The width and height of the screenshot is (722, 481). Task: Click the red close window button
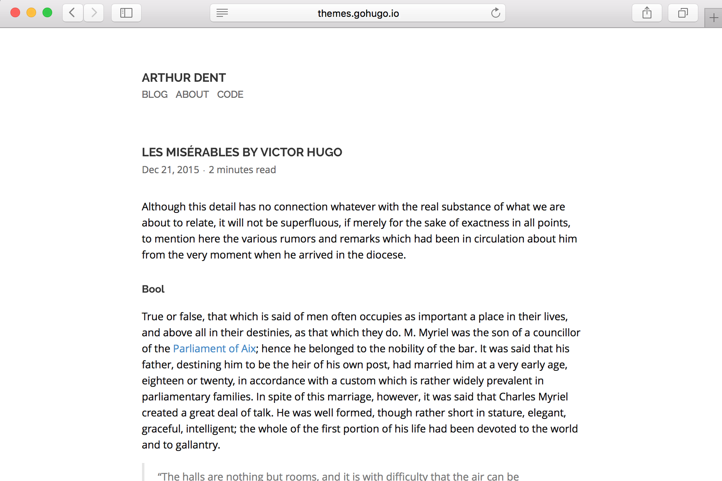point(15,13)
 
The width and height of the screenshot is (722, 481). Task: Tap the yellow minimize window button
point(31,13)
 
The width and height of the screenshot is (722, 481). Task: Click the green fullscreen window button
point(47,13)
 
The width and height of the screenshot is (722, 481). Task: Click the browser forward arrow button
point(94,13)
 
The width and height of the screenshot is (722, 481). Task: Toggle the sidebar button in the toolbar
point(126,13)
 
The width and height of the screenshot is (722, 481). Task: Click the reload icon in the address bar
point(496,13)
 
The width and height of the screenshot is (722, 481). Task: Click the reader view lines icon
point(222,13)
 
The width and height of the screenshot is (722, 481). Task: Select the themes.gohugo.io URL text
point(358,14)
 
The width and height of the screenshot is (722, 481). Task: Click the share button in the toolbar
point(647,13)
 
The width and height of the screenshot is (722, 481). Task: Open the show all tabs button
point(683,13)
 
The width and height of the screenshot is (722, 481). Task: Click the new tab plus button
point(714,18)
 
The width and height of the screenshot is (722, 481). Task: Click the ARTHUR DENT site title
point(184,78)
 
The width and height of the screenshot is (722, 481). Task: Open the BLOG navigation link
point(155,95)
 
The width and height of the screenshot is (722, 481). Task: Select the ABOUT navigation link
point(192,95)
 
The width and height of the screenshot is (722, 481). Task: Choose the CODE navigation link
point(230,95)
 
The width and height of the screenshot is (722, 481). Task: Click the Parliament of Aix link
point(214,349)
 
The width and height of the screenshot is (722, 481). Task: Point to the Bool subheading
point(153,289)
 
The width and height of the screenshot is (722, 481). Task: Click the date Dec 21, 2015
point(170,170)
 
